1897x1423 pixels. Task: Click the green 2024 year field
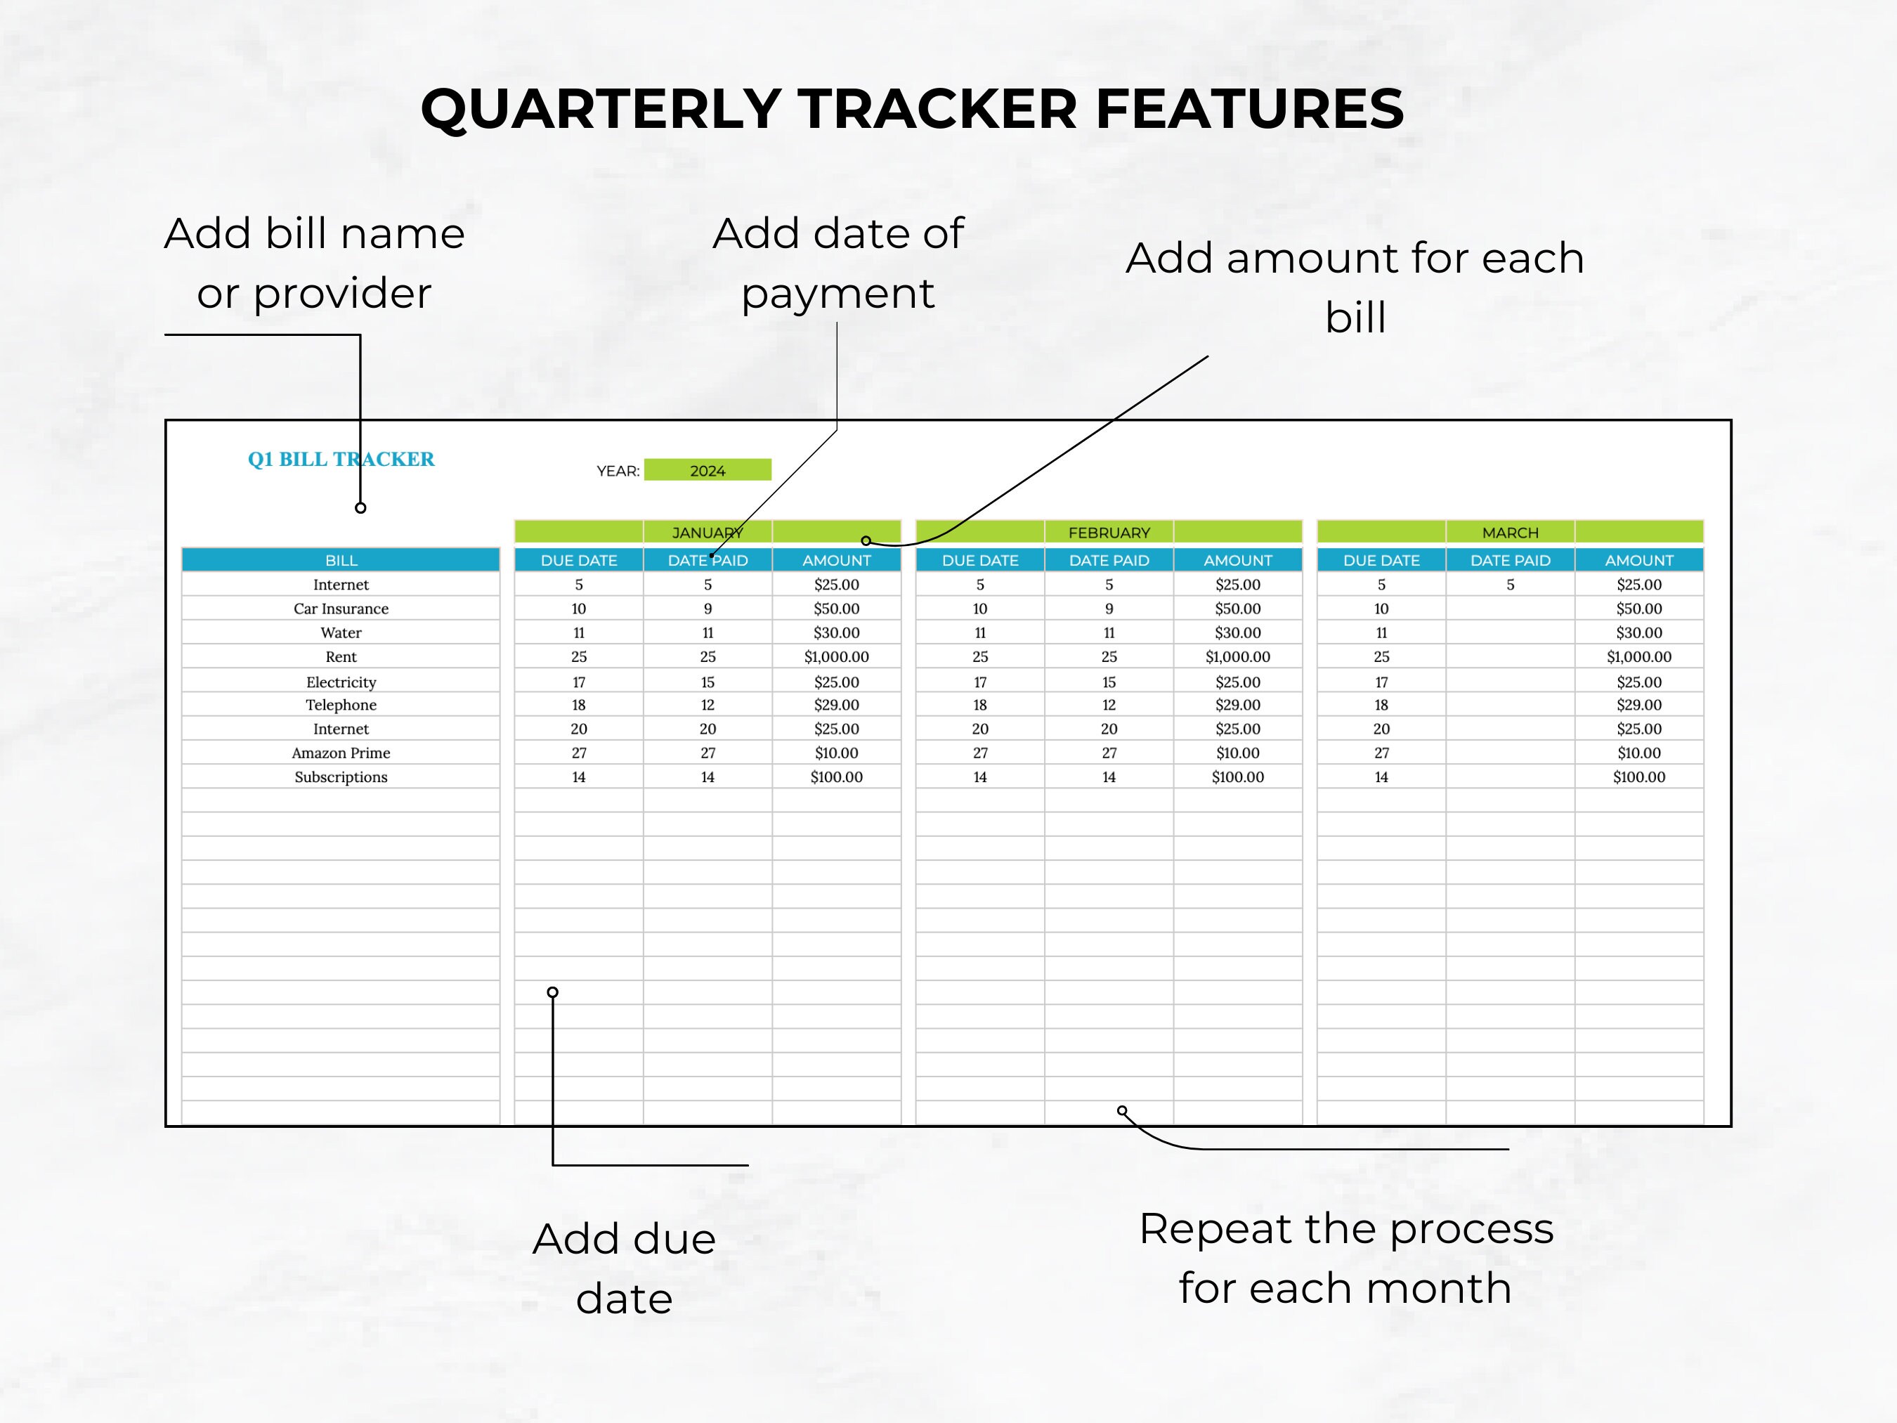[x=708, y=470]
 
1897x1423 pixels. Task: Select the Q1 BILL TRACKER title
[x=341, y=459]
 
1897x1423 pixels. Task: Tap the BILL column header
[x=341, y=560]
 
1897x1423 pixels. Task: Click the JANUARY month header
[x=707, y=533]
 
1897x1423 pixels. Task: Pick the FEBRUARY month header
[x=1109, y=533]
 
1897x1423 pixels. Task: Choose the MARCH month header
[x=1511, y=533]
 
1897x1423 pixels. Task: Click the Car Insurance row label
[x=341, y=608]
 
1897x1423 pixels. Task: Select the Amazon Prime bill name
[x=341, y=752]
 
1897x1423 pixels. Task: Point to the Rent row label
[x=341, y=656]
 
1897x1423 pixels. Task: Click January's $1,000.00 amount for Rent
[x=836, y=656]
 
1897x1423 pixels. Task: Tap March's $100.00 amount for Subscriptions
[x=1639, y=777]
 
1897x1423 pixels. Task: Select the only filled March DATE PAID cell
[x=1511, y=584]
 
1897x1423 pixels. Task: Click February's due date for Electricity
[x=980, y=682]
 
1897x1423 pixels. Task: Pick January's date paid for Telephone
[x=708, y=704]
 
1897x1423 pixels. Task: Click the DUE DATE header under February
[x=980, y=560]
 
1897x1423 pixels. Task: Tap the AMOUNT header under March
[x=1639, y=560]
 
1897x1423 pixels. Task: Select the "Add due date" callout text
[x=625, y=1268]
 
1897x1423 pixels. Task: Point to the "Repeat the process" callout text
[x=1345, y=1228]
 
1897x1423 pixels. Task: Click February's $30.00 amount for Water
[x=1237, y=632]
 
